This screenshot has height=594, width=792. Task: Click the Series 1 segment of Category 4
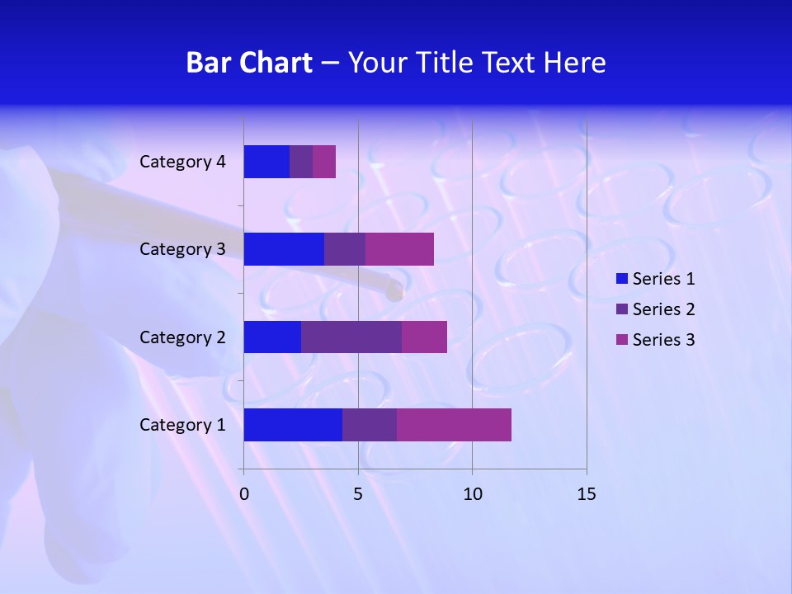(x=266, y=162)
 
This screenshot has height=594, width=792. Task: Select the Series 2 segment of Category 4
(x=301, y=162)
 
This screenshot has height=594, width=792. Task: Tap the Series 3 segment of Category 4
(x=324, y=162)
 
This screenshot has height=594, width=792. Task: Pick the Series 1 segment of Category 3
(x=284, y=249)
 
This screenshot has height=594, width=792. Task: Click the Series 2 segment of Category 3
(x=345, y=249)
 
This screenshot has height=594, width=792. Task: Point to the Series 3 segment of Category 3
(x=399, y=249)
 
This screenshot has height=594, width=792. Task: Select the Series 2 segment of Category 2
(x=351, y=337)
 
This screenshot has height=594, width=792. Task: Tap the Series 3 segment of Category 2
(x=424, y=337)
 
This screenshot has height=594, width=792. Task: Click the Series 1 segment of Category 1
(x=293, y=424)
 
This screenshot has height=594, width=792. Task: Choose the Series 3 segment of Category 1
(x=454, y=424)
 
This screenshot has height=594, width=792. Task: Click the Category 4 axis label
(x=182, y=162)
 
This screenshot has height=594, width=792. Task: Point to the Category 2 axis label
(x=182, y=337)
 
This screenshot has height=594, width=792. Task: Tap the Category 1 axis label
(x=182, y=425)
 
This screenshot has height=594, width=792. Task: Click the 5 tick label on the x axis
(x=358, y=494)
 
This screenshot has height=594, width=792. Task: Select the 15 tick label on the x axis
(x=586, y=494)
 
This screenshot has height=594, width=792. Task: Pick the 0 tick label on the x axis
(x=244, y=494)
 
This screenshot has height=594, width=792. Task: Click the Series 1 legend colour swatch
(x=622, y=279)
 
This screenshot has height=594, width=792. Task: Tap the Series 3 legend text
(x=663, y=340)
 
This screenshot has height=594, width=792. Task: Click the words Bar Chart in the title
(x=249, y=63)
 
